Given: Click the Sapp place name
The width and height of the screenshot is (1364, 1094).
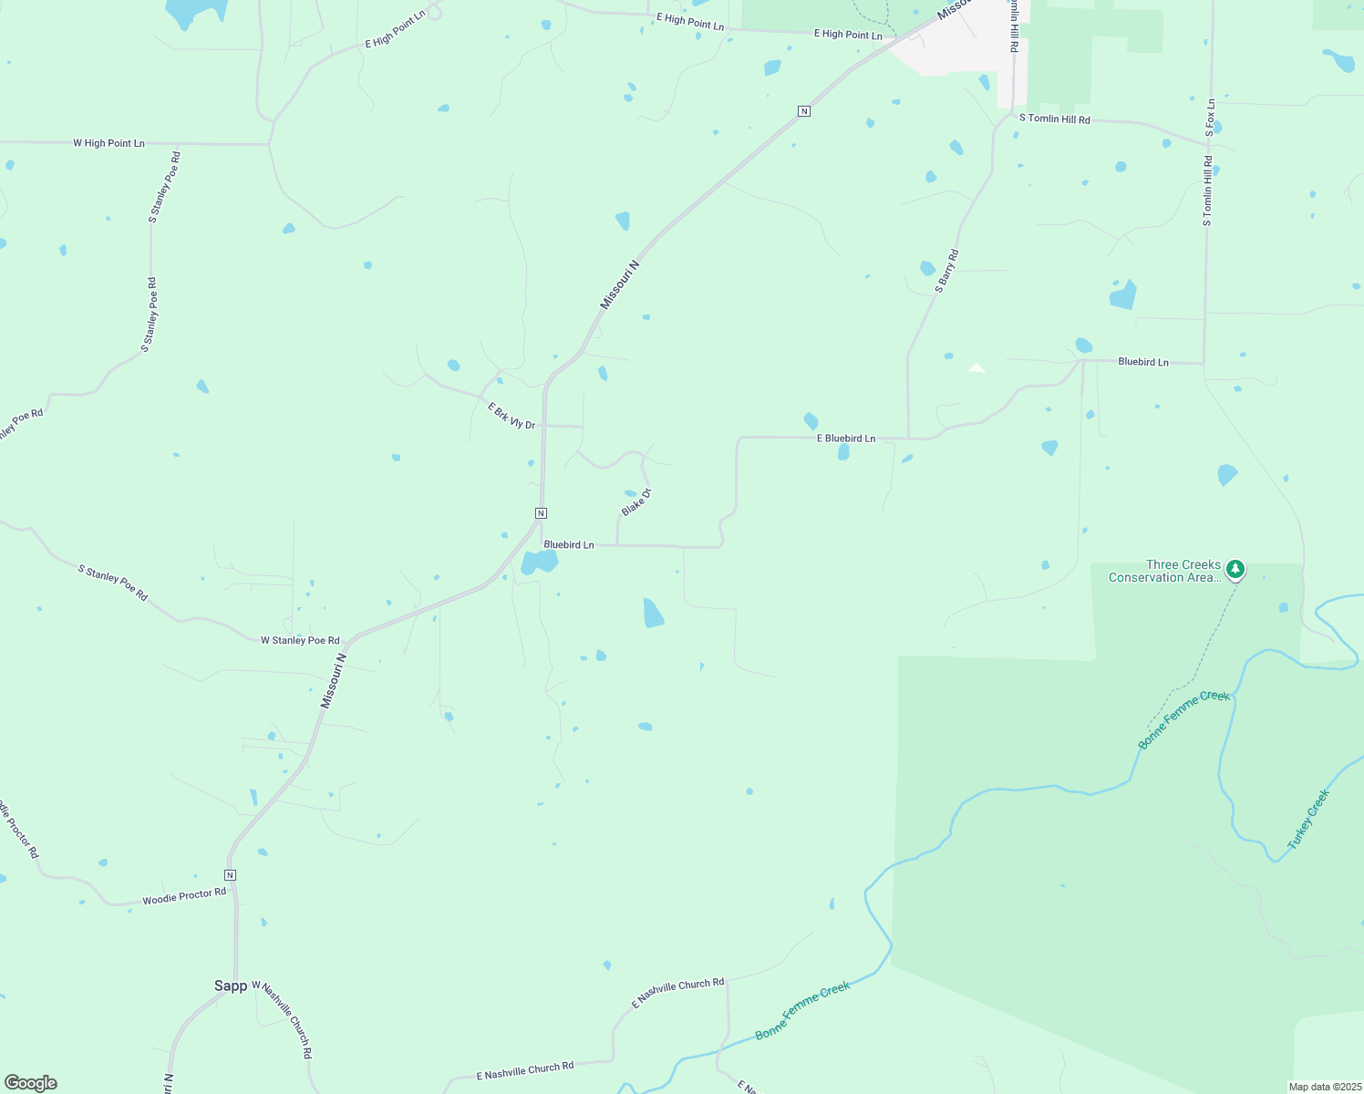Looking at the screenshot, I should [231, 986].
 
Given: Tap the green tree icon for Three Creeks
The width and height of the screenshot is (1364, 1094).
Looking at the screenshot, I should [1235, 570].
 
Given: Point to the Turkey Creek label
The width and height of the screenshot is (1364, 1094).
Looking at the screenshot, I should [1308, 819].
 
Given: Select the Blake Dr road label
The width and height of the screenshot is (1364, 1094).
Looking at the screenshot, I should [636, 502].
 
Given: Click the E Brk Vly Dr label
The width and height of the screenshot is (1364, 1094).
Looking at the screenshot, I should [511, 417].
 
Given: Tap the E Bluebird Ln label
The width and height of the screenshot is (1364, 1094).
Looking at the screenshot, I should [845, 439].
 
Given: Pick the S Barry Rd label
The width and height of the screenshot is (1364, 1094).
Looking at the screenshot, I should [946, 271].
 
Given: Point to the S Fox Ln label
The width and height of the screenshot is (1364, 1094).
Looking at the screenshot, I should [1210, 118].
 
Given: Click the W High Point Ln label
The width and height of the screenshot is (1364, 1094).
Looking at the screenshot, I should [108, 143].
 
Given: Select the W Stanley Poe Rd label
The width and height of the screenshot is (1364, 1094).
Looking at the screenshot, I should [300, 640].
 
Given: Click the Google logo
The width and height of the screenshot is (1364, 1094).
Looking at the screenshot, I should [31, 1083].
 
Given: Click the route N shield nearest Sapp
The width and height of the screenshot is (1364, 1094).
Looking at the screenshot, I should [230, 875].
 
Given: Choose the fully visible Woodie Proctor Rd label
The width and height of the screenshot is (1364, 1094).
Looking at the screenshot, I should [184, 896].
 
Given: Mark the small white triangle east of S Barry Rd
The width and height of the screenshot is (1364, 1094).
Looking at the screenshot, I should [976, 368].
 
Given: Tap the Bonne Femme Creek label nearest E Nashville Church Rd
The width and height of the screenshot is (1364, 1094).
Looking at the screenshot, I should [802, 1010].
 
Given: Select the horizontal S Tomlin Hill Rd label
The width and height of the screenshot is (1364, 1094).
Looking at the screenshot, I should [1054, 119].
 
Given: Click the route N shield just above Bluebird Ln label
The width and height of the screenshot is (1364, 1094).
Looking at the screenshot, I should [541, 512].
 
